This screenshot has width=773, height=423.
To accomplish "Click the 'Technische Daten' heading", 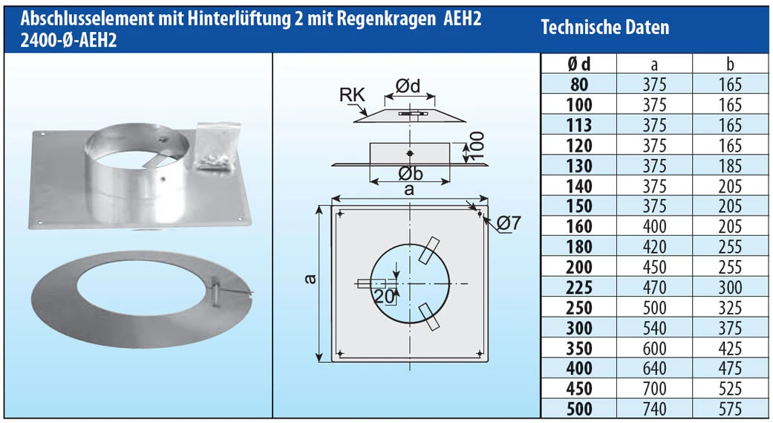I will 604,28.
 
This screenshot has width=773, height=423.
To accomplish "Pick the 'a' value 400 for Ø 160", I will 653,226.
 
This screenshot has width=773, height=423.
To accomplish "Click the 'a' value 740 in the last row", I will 653,408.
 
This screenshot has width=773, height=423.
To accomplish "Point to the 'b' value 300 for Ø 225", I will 730,287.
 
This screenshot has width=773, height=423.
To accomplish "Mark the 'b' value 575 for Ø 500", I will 730,408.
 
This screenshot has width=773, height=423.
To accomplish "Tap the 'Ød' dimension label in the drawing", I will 407,87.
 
